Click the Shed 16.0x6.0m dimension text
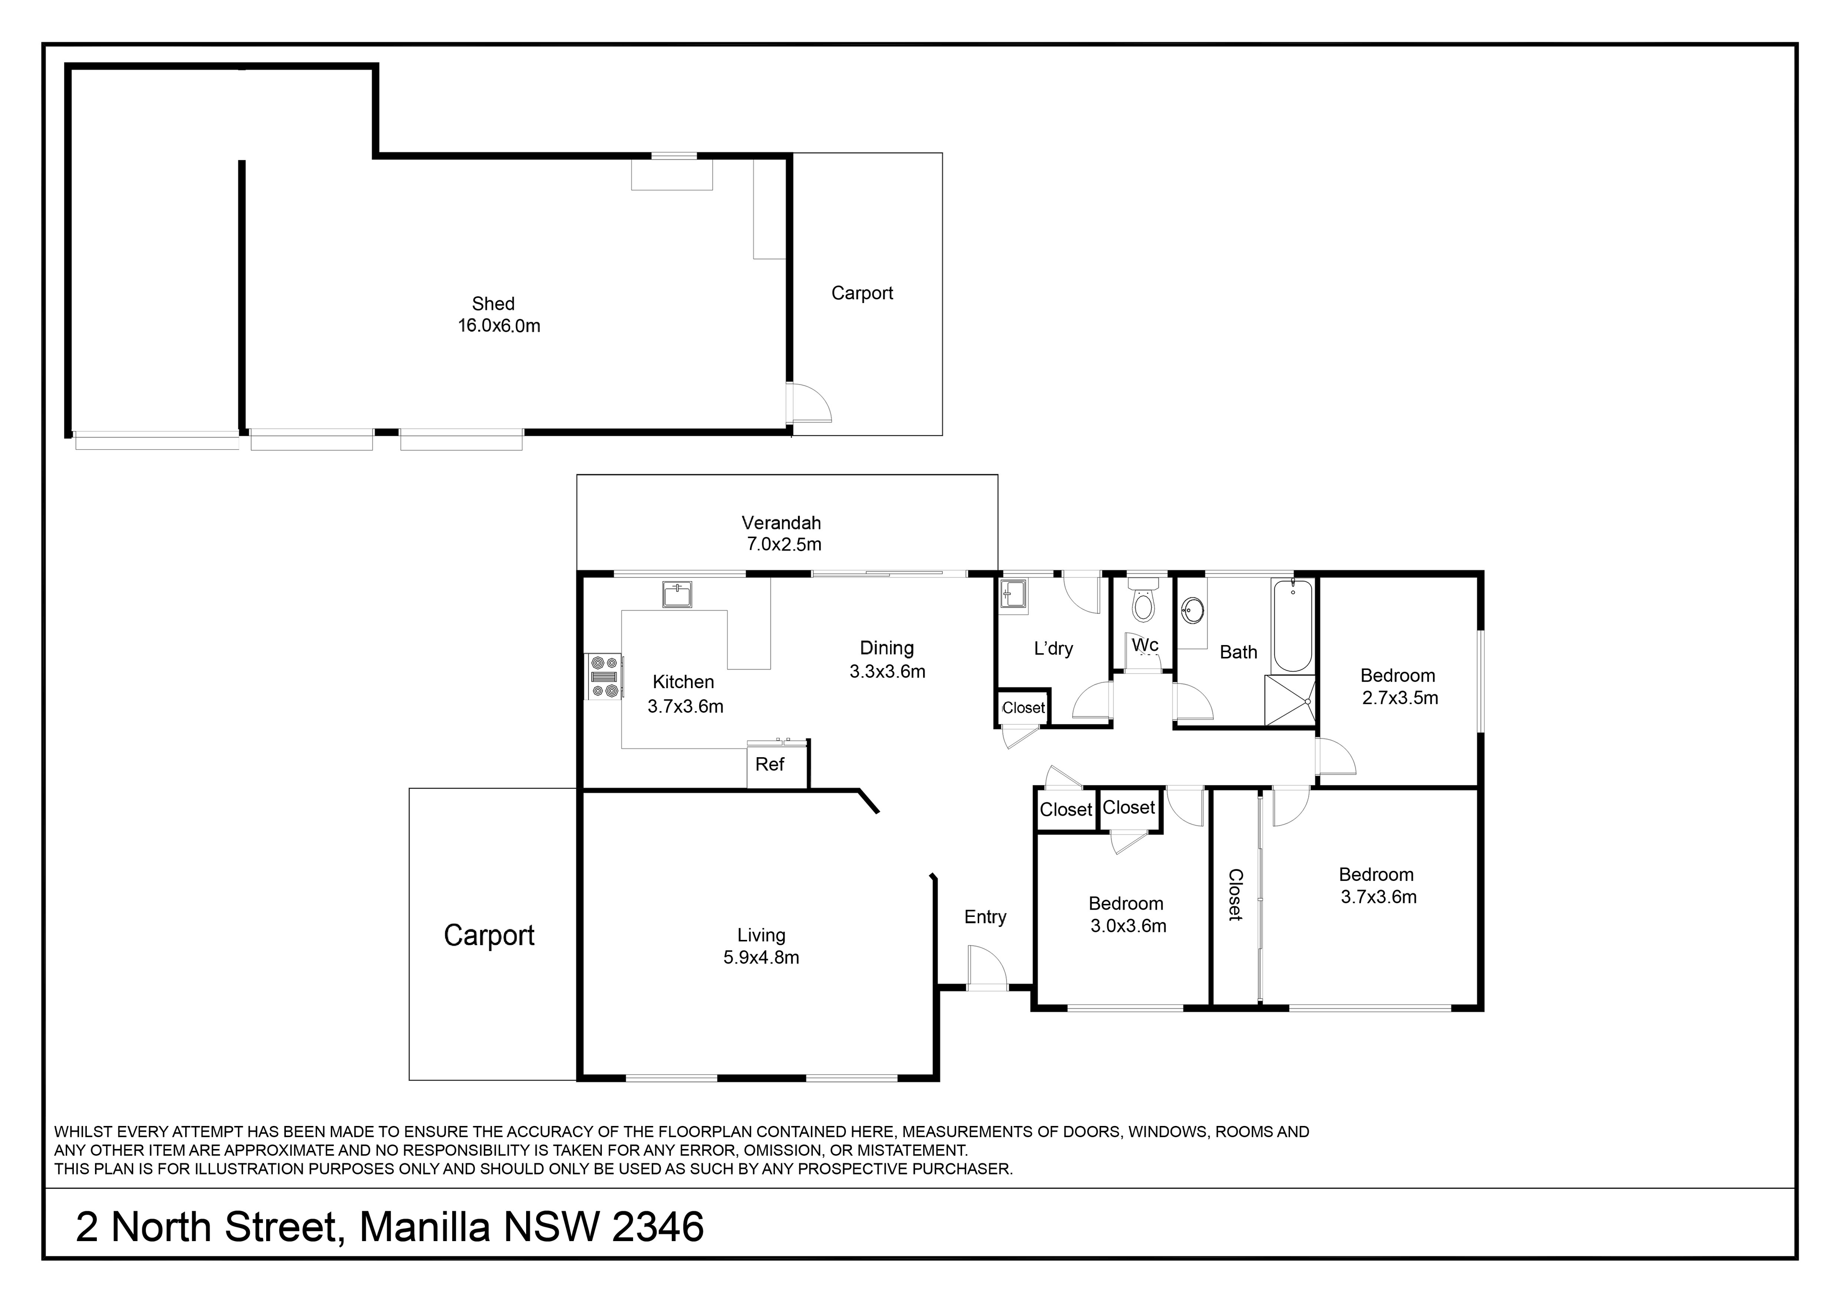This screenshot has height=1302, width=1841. tap(499, 326)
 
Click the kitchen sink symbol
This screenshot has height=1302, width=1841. tap(678, 595)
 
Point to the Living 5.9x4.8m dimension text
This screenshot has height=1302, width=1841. tap(761, 957)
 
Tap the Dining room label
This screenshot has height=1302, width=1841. tap(887, 648)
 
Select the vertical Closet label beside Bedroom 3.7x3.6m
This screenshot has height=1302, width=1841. tap(1235, 895)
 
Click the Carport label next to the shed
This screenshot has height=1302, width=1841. tap(862, 293)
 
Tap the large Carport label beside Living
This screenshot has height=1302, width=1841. tap(489, 936)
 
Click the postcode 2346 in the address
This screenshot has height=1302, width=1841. tap(657, 1227)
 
